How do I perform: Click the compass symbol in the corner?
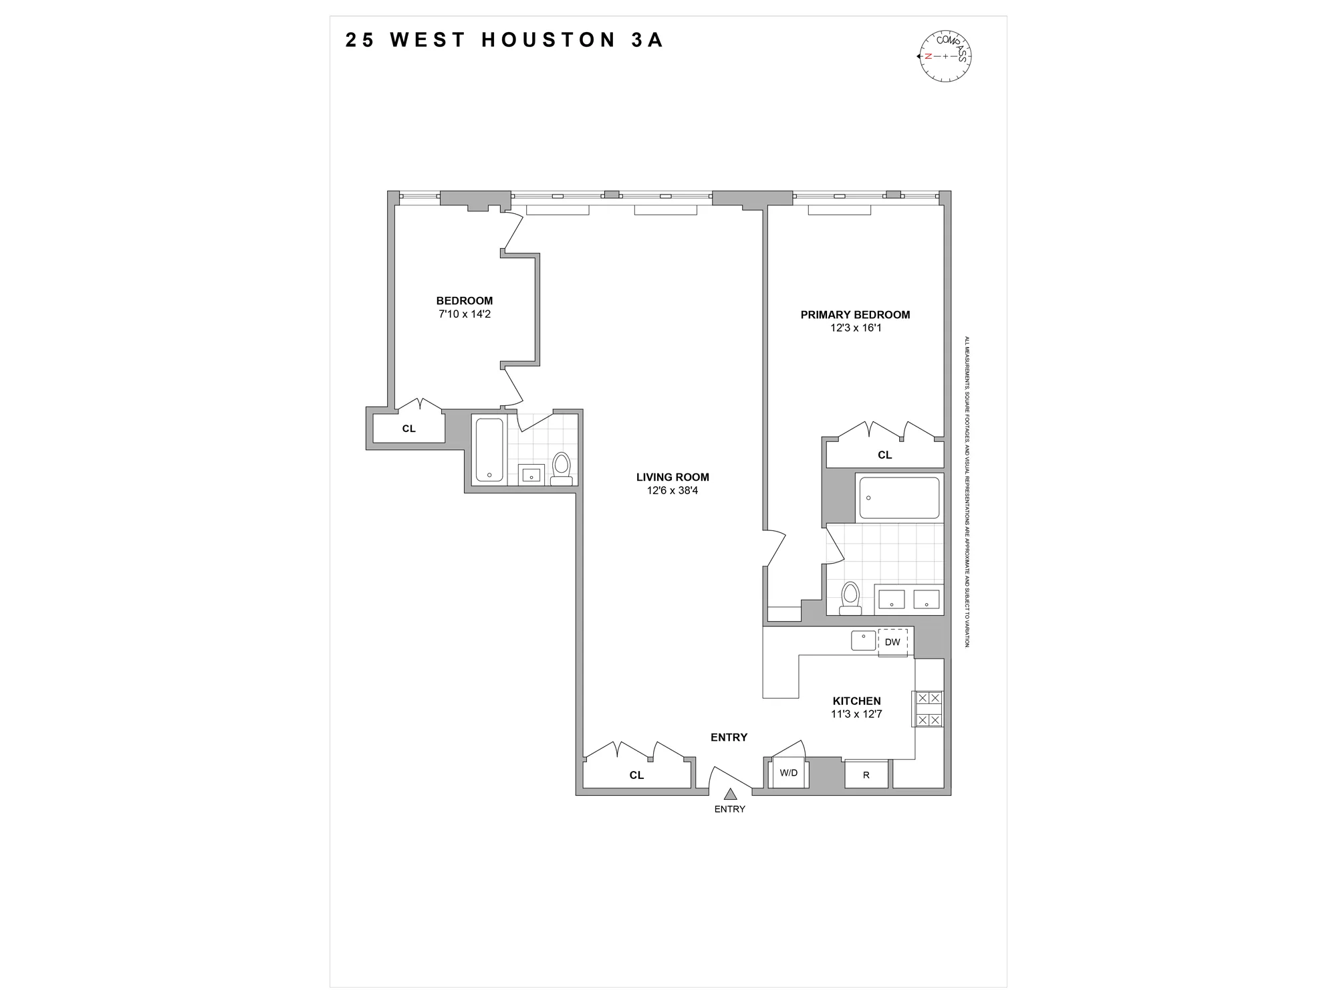click(945, 56)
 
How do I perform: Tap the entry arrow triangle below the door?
click(730, 794)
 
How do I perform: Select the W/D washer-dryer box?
click(789, 773)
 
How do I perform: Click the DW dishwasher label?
click(892, 642)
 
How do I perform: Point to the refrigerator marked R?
click(866, 775)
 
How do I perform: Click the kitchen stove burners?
click(929, 709)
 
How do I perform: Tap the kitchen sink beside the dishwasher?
click(863, 640)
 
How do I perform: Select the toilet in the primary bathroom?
click(850, 598)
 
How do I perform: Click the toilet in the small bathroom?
click(562, 468)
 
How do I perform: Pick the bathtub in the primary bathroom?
click(899, 497)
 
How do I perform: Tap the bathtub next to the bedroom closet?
click(489, 449)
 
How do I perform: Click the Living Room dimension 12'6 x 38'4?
click(673, 491)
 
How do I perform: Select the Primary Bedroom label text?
click(855, 315)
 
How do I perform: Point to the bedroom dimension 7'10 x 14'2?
click(465, 314)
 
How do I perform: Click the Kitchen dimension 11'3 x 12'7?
click(856, 714)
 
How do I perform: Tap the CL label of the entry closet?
click(636, 775)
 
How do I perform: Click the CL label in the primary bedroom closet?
click(884, 455)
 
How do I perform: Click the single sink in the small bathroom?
click(532, 475)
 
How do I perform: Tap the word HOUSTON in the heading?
click(548, 40)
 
